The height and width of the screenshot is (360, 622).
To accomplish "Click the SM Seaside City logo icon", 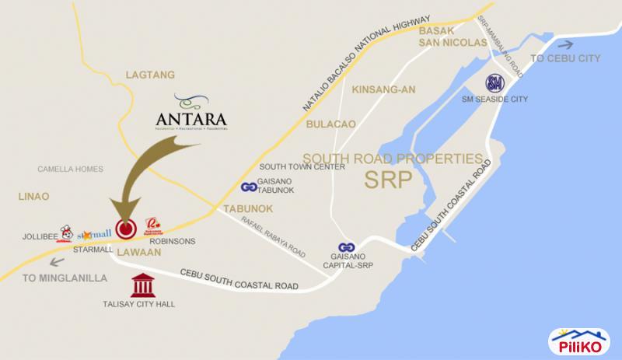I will tap(494, 83).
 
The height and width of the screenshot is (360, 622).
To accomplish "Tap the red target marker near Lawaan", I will tap(126, 229).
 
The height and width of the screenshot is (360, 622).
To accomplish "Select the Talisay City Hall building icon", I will tap(142, 285).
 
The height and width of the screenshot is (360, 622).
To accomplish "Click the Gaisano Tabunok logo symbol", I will tap(249, 187).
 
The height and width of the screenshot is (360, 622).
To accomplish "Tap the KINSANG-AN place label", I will tap(384, 89).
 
